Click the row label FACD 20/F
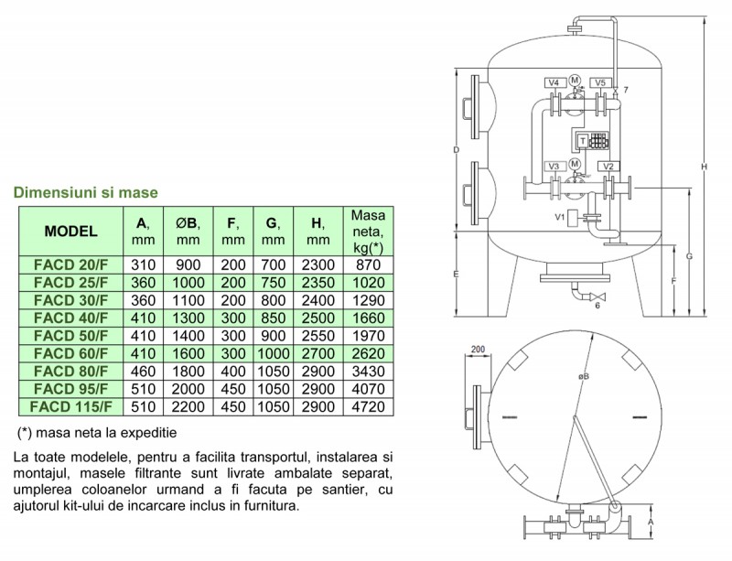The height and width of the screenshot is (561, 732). pyautogui.click(x=70, y=264)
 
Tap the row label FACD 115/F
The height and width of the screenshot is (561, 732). pyautogui.click(x=70, y=406)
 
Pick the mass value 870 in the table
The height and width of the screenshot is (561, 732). pyautogui.click(x=368, y=264)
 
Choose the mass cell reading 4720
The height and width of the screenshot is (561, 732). pyautogui.click(x=368, y=406)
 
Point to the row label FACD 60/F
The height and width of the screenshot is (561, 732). pyautogui.click(x=70, y=353)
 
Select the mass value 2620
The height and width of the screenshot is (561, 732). pyautogui.click(x=368, y=353)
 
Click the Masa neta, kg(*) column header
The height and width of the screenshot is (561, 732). pyautogui.click(x=368, y=231)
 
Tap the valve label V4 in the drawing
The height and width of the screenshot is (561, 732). pyautogui.click(x=554, y=83)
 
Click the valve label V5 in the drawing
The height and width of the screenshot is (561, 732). pyautogui.click(x=600, y=83)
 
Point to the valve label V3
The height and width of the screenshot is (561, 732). pyautogui.click(x=554, y=166)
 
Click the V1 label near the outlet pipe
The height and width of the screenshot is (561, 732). pyautogui.click(x=559, y=217)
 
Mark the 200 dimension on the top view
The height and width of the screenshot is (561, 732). pyautogui.click(x=476, y=350)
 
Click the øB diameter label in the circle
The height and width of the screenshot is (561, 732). pyautogui.click(x=584, y=375)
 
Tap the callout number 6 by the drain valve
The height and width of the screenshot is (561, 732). pyautogui.click(x=597, y=306)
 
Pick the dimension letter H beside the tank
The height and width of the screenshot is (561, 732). pyautogui.click(x=704, y=167)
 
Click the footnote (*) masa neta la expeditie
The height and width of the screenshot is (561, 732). pyautogui.click(x=97, y=431)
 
